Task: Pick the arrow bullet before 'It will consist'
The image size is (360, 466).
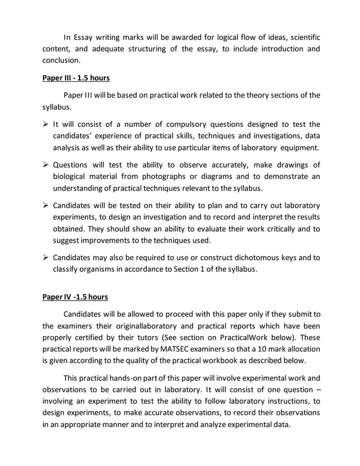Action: pyautogui.click(x=46, y=124)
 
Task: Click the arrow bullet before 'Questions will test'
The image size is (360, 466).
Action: pyautogui.click(x=46, y=165)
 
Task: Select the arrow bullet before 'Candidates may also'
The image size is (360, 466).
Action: pyautogui.click(x=46, y=258)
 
